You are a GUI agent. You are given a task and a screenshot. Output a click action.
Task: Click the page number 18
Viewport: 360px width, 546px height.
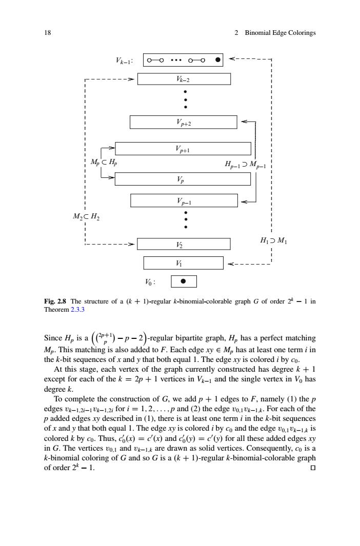point(47,33)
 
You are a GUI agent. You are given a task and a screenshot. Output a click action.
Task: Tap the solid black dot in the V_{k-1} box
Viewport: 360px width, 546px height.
point(217,60)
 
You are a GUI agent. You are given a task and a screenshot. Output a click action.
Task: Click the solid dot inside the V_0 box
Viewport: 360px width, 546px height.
point(184,281)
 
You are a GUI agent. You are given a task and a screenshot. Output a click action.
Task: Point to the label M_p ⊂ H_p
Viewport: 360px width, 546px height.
point(104,162)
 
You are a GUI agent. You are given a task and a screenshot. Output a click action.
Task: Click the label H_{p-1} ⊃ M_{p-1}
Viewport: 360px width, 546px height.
point(246,165)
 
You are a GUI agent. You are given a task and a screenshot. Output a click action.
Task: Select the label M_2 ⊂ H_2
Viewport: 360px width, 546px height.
point(86,216)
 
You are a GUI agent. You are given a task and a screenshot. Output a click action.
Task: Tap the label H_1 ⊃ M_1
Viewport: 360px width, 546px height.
point(274,240)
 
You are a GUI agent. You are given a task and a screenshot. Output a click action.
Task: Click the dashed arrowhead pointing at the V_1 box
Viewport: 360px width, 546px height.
point(230,265)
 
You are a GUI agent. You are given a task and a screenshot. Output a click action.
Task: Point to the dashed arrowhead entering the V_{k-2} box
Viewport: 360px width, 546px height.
point(131,79)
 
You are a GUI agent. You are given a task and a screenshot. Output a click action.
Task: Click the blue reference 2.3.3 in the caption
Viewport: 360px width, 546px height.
point(77,310)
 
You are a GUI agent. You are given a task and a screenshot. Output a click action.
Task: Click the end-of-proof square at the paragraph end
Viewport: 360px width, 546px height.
point(313,468)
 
